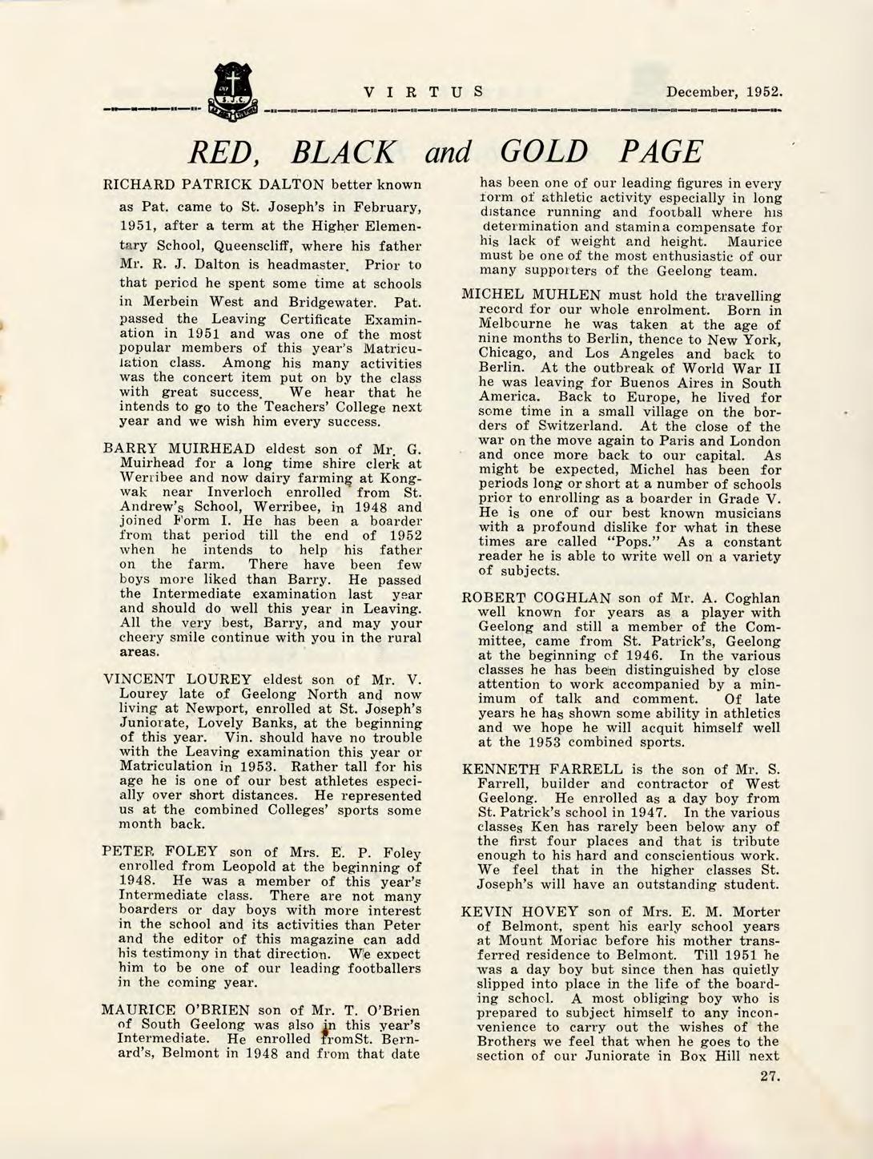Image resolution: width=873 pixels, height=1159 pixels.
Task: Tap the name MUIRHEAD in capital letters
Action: pyautogui.click(x=211, y=448)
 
